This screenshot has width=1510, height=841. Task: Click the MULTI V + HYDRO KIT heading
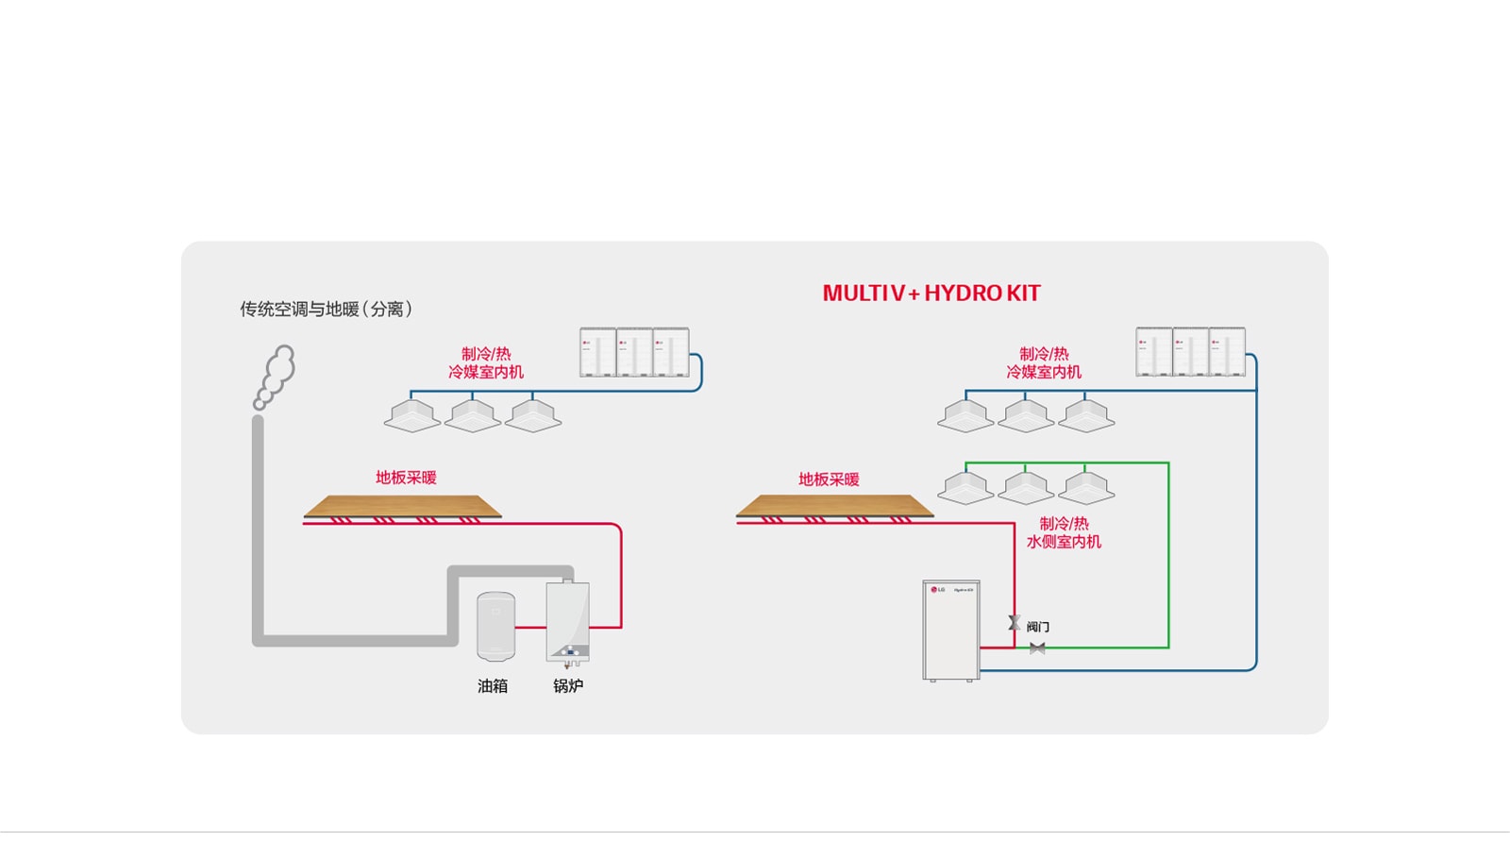pyautogui.click(x=931, y=294)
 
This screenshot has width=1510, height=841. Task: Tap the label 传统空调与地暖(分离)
pyautogui.click(x=326, y=309)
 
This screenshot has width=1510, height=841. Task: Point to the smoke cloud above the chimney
pyautogui.click(x=276, y=375)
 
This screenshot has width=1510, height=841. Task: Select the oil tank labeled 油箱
pyautogui.click(x=495, y=626)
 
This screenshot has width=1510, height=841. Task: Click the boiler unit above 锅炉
pyautogui.click(x=567, y=621)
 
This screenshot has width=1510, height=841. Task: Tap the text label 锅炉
pyautogui.click(x=568, y=686)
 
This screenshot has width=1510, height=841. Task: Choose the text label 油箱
pyautogui.click(x=493, y=686)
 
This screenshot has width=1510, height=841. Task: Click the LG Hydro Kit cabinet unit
pyautogui.click(x=950, y=630)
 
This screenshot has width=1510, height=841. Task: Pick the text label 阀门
pyautogui.click(x=1038, y=627)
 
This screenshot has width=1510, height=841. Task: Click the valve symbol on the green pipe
pyautogui.click(x=1037, y=648)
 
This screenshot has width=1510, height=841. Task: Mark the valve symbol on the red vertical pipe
pyautogui.click(x=1015, y=623)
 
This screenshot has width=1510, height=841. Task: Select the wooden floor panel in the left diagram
pyautogui.click(x=403, y=507)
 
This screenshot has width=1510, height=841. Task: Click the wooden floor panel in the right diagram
pyautogui.click(x=834, y=507)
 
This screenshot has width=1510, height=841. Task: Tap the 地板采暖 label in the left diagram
pyautogui.click(x=406, y=478)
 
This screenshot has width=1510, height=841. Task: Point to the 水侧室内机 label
pyautogui.click(x=1064, y=542)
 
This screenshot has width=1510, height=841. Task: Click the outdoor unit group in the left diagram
pyautogui.click(x=634, y=352)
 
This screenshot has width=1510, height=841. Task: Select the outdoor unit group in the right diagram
pyautogui.click(x=1190, y=352)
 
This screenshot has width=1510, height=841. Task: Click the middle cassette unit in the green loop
pyautogui.click(x=1026, y=488)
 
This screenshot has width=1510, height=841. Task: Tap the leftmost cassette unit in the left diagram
pyautogui.click(x=412, y=415)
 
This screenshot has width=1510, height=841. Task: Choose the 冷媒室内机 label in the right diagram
pyautogui.click(x=1044, y=372)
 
